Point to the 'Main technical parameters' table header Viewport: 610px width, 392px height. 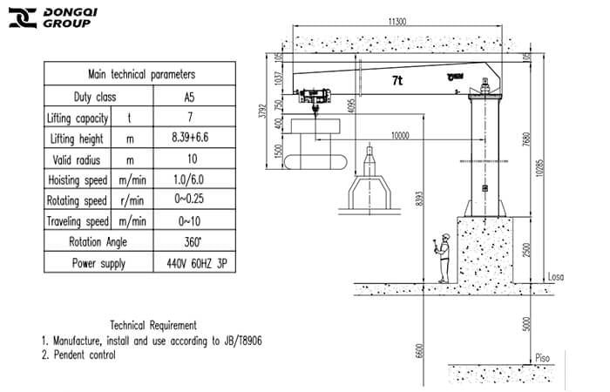coord(141,75)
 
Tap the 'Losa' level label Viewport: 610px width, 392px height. coord(555,277)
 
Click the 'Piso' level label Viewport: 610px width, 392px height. coord(544,357)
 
